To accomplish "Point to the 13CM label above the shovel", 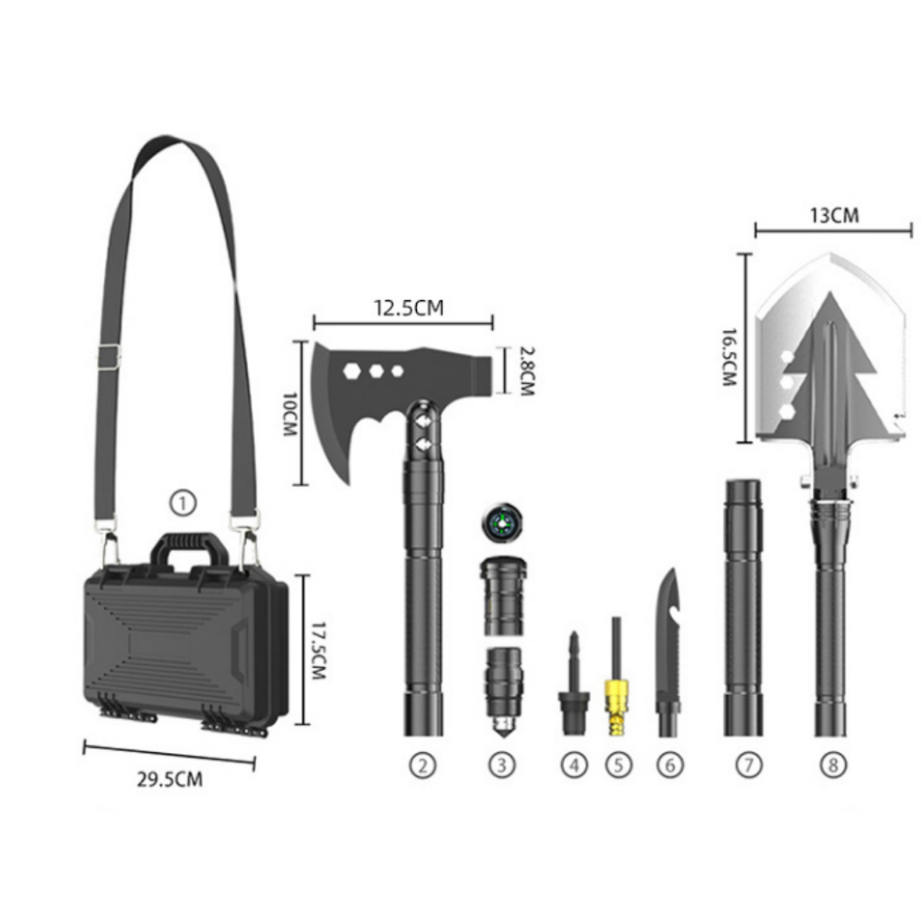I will tap(834, 215).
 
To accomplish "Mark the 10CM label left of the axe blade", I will tap(287, 414).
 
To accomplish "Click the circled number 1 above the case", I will tap(182, 504).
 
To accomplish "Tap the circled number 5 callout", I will tap(618, 765).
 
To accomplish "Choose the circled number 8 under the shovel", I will tap(833, 765).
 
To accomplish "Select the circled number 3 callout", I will tap(502, 765).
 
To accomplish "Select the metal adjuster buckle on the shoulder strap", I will tap(107, 356).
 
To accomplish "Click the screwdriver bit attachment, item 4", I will tap(574, 682).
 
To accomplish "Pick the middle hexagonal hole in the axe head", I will tap(375, 371).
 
